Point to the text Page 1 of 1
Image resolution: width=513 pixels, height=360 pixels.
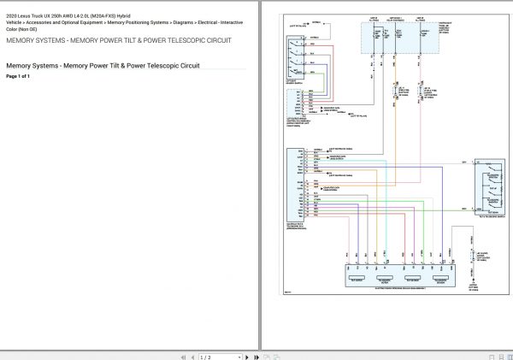(x=18, y=76)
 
